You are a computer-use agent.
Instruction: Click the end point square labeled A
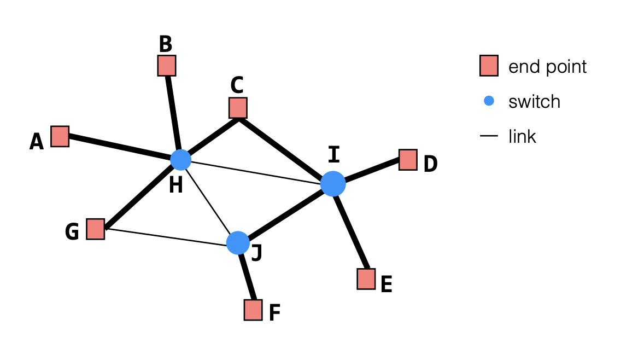click(x=60, y=136)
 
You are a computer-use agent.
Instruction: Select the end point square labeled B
click(x=167, y=66)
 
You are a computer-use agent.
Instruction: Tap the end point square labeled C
click(x=238, y=108)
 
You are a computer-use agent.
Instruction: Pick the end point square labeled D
click(x=408, y=160)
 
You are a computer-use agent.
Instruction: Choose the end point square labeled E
click(x=366, y=278)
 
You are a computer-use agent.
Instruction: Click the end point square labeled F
click(x=253, y=310)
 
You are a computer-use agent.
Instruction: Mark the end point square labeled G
click(x=95, y=229)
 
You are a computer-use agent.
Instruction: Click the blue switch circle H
click(x=180, y=159)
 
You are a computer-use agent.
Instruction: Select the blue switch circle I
click(x=333, y=184)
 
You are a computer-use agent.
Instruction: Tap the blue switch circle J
click(x=238, y=243)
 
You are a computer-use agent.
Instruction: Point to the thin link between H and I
click(x=257, y=172)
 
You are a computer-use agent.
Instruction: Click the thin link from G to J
click(x=167, y=236)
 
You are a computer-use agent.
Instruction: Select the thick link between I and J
click(x=285, y=213)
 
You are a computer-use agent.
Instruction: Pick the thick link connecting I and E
click(x=350, y=231)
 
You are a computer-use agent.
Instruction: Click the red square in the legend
click(x=489, y=66)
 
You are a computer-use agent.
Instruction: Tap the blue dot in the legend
click(x=489, y=101)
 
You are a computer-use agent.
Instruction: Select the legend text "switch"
click(x=534, y=102)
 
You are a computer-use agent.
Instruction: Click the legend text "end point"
click(x=547, y=67)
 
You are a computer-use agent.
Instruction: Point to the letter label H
click(x=175, y=185)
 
